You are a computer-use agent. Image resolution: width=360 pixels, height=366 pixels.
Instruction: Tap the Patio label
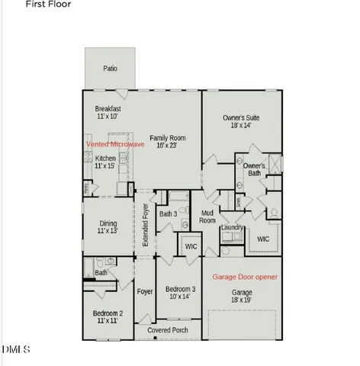click(x=111, y=69)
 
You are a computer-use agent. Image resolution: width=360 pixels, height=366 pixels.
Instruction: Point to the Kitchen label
click(x=105, y=162)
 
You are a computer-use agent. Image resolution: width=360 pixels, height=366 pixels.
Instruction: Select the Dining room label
click(x=108, y=226)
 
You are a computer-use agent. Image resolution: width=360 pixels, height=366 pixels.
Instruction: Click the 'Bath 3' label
click(x=169, y=214)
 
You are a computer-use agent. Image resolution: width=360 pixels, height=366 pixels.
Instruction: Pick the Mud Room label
click(x=207, y=217)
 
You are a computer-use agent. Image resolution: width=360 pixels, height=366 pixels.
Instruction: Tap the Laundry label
click(x=232, y=227)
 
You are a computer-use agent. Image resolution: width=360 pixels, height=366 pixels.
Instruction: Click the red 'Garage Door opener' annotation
click(x=245, y=277)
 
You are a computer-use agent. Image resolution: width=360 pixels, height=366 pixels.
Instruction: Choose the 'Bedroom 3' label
click(x=181, y=294)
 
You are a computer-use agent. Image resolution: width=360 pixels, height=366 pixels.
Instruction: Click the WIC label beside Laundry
click(x=263, y=239)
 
